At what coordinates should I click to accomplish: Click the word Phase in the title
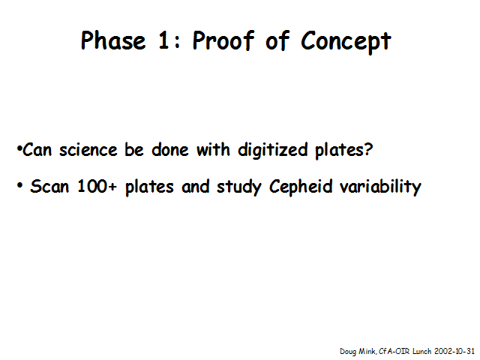(x=113, y=40)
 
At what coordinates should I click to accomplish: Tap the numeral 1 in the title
(x=163, y=40)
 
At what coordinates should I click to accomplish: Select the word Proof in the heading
(x=223, y=40)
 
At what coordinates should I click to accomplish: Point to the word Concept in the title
(x=346, y=43)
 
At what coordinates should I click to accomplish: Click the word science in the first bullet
(x=88, y=150)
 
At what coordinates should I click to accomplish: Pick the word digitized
(x=273, y=151)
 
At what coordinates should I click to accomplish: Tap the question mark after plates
(x=368, y=149)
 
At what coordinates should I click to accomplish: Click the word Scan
(x=49, y=186)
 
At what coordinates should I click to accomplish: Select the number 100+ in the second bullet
(x=97, y=186)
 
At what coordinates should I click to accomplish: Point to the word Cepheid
(x=301, y=187)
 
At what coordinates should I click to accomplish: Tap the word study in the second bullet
(x=239, y=187)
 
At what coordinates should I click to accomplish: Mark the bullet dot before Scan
(x=20, y=185)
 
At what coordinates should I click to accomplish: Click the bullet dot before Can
(x=19, y=148)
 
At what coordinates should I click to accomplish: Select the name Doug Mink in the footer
(x=358, y=352)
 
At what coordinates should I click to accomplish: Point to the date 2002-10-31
(x=454, y=351)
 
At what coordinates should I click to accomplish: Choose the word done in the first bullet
(x=170, y=150)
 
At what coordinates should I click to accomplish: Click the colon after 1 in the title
(x=177, y=42)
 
